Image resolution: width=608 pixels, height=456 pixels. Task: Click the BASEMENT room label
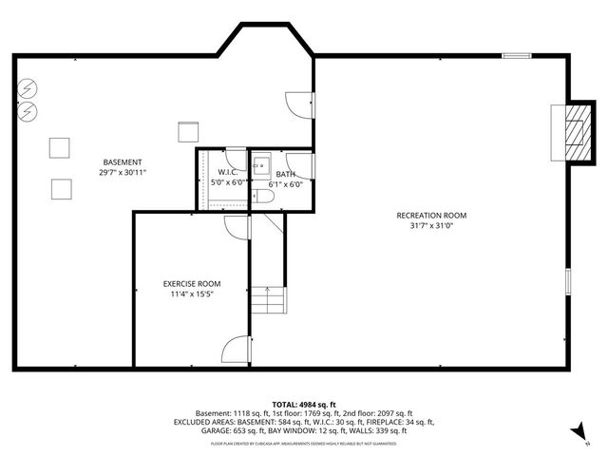point(123,162)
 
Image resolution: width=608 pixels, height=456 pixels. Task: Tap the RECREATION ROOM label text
point(431,215)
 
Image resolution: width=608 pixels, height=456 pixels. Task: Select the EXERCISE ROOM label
point(191,283)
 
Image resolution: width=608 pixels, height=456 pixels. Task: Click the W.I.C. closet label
point(227,172)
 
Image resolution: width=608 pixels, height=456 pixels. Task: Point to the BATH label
point(286,175)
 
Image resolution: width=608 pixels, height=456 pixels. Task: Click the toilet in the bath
point(264,197)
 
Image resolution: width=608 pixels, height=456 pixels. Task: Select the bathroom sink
point(261,161)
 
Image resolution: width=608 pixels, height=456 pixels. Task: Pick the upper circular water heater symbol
point(28,88)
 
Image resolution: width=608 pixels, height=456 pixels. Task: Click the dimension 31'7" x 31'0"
point(431,225)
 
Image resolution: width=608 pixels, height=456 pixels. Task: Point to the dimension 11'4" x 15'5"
point(191,294)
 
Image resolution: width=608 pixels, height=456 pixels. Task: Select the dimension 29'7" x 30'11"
point(123,173)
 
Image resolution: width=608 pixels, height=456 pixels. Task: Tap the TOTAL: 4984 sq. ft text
point(304,405)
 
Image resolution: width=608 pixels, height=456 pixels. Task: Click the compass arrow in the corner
point(575,434)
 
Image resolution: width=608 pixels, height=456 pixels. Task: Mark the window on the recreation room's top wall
point(516,56)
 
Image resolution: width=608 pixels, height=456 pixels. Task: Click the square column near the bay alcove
point(187,131)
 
